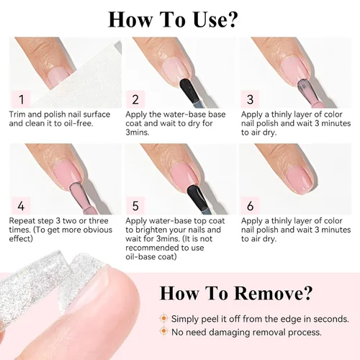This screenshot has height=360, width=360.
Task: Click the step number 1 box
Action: click(21, 99)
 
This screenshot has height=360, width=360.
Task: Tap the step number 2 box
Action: click(135, 99)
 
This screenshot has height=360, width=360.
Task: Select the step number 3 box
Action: click(250, 99)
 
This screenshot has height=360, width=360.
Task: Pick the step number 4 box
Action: click(21, 206)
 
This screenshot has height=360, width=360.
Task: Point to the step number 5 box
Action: click(135, 206)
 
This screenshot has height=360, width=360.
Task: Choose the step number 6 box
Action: click(250, 206)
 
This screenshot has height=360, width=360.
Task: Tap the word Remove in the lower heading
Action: click(272, 293)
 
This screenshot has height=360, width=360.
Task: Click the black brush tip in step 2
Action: click(189, 90)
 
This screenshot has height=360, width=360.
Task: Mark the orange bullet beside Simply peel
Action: click(164, 318)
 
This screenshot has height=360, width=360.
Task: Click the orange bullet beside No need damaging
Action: click(164, 331)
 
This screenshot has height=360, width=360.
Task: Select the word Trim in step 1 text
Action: click(17, 114)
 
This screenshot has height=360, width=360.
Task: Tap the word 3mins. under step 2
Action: click(138, 132)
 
